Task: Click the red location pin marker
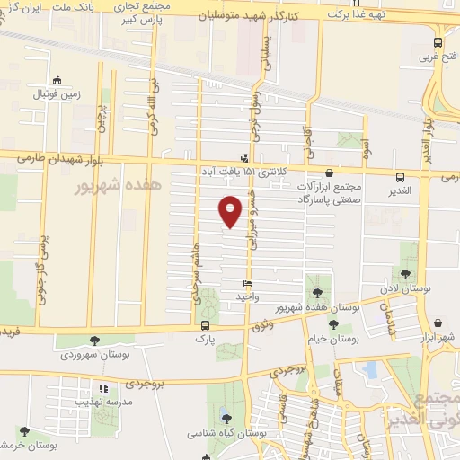pos(231,211)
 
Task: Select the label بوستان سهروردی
pos(95,356)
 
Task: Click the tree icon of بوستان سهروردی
pos(95,341)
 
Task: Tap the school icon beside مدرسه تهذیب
pos(103,389)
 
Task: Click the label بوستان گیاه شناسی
pos(224,432)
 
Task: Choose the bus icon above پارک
pos(206,326)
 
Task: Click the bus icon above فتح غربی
pos(438,42)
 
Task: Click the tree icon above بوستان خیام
pos(333,324)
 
